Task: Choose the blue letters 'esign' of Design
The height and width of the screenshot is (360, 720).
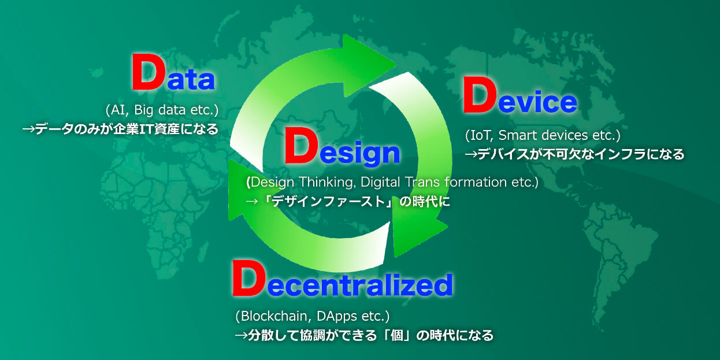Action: coord(360,153)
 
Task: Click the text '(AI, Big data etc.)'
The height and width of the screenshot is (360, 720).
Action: coord(162,110)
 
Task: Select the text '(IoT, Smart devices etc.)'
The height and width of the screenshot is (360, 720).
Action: coord(543,135)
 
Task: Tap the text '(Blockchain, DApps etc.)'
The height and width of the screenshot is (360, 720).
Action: coord(313,316)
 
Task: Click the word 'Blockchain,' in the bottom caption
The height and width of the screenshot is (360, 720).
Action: coord(276,316)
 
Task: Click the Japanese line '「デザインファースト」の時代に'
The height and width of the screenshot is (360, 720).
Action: coord(356,202)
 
